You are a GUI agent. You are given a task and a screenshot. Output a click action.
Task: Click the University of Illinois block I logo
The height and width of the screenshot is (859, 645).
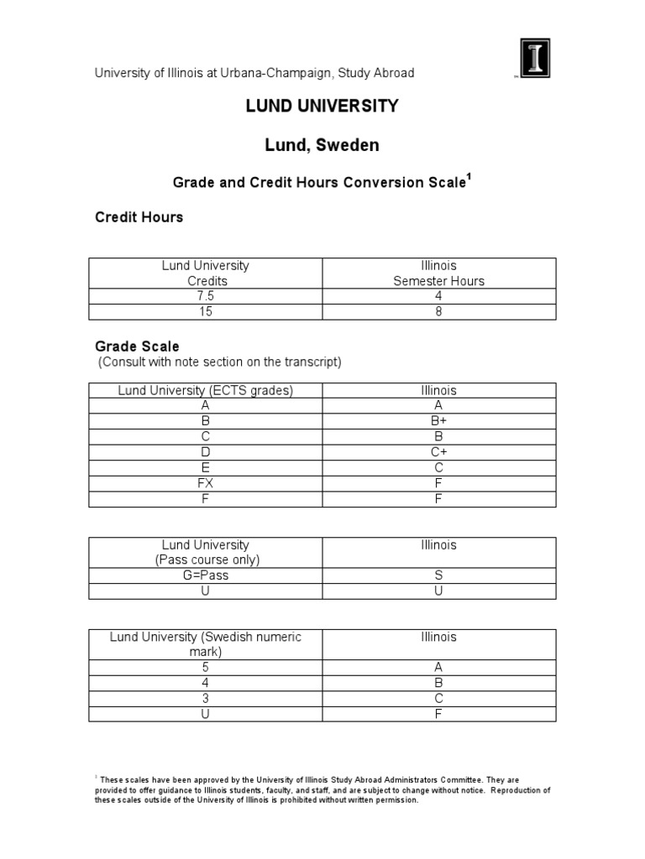point(532,60)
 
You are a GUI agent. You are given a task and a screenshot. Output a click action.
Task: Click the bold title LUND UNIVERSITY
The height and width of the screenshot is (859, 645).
point(322,106)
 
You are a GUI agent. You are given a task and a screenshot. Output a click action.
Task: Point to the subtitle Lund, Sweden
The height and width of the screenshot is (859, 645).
point(322,145)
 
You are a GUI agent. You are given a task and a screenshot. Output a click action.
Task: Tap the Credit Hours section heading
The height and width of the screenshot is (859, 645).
point(139,217)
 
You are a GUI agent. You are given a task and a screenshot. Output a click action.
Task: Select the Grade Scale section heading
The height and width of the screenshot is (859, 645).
point(137,346)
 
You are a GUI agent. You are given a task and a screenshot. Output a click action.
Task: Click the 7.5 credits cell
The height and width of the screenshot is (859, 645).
point(206,296)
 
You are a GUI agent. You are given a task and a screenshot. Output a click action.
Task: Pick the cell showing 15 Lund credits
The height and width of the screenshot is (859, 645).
point(206,311)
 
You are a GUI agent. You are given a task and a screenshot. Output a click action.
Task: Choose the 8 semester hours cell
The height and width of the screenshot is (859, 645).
point(438,311)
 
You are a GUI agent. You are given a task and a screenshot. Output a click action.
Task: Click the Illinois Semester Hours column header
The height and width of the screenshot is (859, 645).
point(438,273)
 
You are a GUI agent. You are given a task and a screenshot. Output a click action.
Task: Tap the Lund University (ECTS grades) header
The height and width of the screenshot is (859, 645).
point(206,391)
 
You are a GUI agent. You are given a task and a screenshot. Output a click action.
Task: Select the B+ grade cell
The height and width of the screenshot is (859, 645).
point(438,421)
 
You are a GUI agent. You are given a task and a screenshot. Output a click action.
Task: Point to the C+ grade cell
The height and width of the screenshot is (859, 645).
point(438,452)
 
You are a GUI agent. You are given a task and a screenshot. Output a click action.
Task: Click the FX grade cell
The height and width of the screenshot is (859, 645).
point(206,483)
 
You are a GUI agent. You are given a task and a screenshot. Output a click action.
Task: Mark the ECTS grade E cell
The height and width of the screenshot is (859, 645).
point(206,467)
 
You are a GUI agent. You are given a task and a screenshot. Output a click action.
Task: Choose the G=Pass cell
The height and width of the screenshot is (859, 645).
point(206,575)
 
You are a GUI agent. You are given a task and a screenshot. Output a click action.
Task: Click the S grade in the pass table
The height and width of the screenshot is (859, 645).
point(438,575)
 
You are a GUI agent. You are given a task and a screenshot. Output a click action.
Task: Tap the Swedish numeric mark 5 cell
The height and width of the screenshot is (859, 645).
point(206,668)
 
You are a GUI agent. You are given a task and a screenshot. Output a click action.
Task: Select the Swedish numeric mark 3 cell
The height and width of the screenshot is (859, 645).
point(206,699)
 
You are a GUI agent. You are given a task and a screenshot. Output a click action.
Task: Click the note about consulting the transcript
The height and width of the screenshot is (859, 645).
point(220,362)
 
